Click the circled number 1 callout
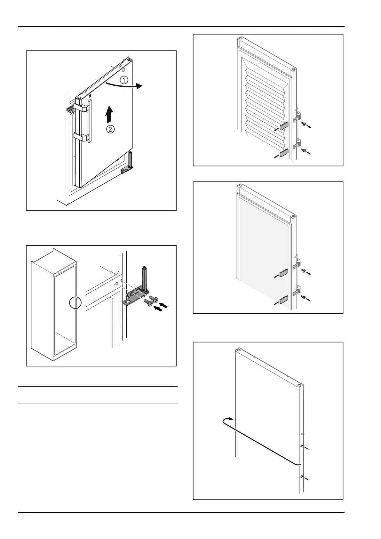(x=124, y=80)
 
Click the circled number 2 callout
(x=110, y=130)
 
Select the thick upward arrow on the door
(x=109, y=115)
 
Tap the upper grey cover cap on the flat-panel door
(x=284, y=273)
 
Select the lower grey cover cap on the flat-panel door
(x=284, y=300)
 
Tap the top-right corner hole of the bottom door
(x=299, y=386)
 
